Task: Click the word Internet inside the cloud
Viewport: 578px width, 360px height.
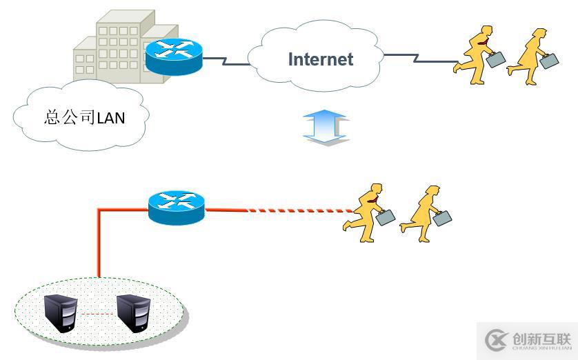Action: pyautogui.click(x=320, y=59)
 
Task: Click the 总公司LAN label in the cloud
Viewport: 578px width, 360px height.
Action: pyautogui.click(x=84, y=117)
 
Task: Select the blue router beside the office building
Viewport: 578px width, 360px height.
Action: pyautogui.click(x=174, y=56)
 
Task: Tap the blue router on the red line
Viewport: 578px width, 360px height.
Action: pyautogui.click(x=177, y=206)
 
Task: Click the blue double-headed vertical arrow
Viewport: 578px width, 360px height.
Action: pyautogui.click(x=326, y=128)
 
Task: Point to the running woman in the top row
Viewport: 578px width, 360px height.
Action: pyautogui.click(x=530, y=57)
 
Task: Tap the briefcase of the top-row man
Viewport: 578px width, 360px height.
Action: pyautogui.click(x=496, y=59)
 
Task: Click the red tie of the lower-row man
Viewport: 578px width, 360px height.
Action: pyautogui.click(x=373, y=199)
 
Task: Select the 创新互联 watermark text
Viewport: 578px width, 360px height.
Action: pyautogui.click(x=541, y=338)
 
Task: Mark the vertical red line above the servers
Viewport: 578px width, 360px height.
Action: pyautogui.click(x=99, y=245)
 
